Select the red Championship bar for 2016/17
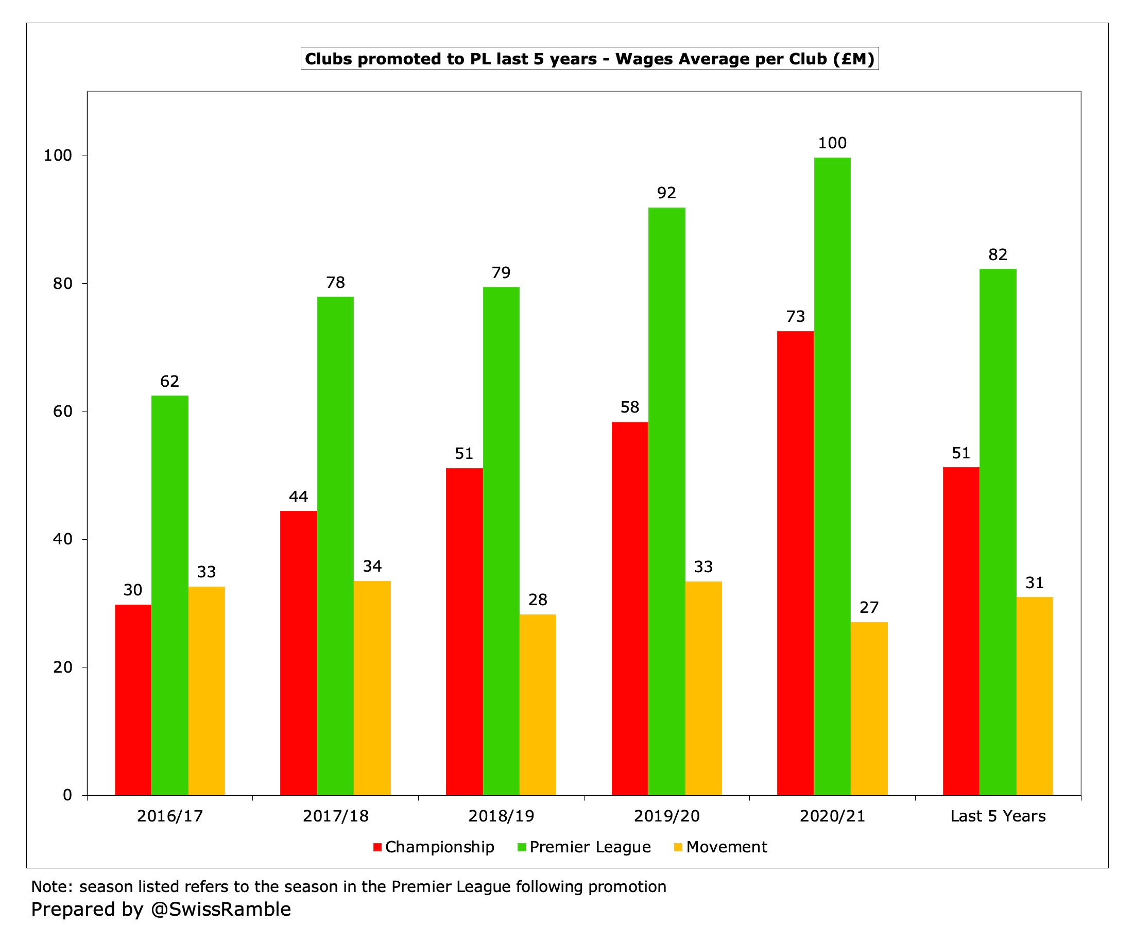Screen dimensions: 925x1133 (x=133, y=699)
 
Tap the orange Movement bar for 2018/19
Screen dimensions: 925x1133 (x=538, y=705)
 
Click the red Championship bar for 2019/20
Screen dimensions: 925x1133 (x=630, y=608)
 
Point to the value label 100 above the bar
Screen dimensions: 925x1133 (x=832, y=143)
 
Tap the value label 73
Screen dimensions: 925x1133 (x=795, y=317)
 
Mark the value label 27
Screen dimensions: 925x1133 (x=869, y=607)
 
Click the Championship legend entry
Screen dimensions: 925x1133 (x=434, y=847)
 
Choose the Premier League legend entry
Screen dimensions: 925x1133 (x=585, y=847)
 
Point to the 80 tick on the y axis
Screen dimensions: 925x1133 (x=62, y=283)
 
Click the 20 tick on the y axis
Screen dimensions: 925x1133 (x=62, y=667)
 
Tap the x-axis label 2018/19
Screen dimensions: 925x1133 (x=501, y=816)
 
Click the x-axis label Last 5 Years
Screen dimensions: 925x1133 (x=998, y=816)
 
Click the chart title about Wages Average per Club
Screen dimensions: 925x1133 (x=589, y=59)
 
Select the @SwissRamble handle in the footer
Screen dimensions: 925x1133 (x=221, y=909)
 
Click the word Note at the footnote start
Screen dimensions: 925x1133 (x=51, y=887)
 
